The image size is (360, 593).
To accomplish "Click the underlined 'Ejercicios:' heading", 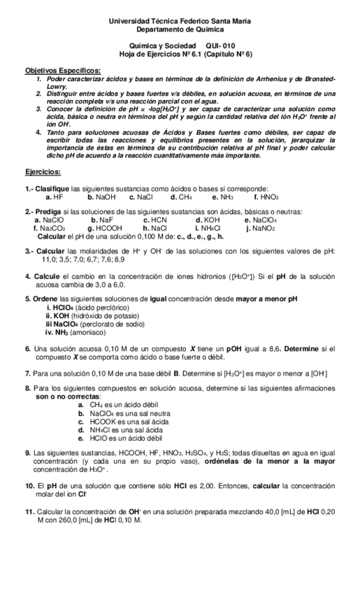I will click(43, 171).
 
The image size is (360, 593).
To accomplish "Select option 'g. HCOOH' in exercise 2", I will click(105, 227).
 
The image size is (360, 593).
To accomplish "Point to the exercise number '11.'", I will click(30, 512).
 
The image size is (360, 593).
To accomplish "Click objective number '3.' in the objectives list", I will click(40, 110).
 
